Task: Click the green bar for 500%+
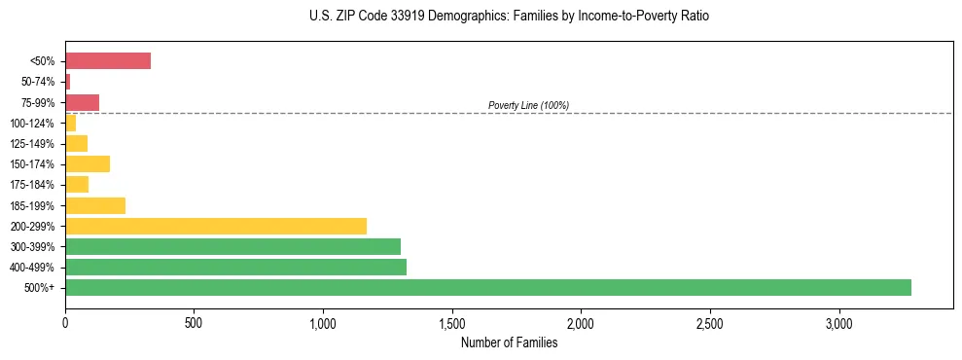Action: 487,287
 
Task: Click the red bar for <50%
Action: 108,61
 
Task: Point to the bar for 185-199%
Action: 95,205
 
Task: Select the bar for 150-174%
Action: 88,163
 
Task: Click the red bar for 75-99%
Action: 82,102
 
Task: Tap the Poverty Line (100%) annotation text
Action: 528,105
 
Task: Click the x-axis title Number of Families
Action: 509,342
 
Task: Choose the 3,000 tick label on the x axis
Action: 838,323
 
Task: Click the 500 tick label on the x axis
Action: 194,323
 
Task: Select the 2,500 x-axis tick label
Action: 710,323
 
